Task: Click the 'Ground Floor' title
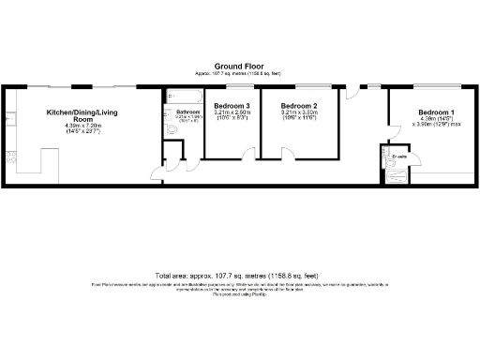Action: click(239, 66)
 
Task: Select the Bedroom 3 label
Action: click(232, 106)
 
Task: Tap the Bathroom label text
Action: click(184, 112)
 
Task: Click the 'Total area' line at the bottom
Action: click(239, 274)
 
